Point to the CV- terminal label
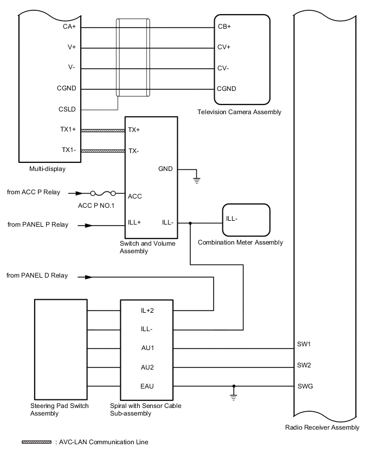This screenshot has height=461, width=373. tap(223, 68)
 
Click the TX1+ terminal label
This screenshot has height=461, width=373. tap(68, 130)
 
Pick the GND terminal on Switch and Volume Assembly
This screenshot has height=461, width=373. tap(165, 169)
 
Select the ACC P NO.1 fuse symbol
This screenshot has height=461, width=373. tap(104, 193)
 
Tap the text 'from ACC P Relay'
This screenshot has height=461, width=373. tap(34, 192)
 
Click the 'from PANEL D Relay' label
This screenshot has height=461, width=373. tap(37, 275)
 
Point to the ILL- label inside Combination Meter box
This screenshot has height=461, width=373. tap(233, 219)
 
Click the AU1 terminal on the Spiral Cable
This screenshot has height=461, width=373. tap(147, 348)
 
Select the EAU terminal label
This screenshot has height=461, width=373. tap(147, 386)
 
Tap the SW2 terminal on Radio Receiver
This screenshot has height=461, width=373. tap(304, 365)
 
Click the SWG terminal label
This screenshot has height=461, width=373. tap(305, 386)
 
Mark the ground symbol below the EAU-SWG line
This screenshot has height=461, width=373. tap(234, 397)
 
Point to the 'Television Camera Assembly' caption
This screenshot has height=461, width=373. tap(240, 112)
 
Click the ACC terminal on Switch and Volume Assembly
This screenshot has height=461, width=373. tap(134, 196)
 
